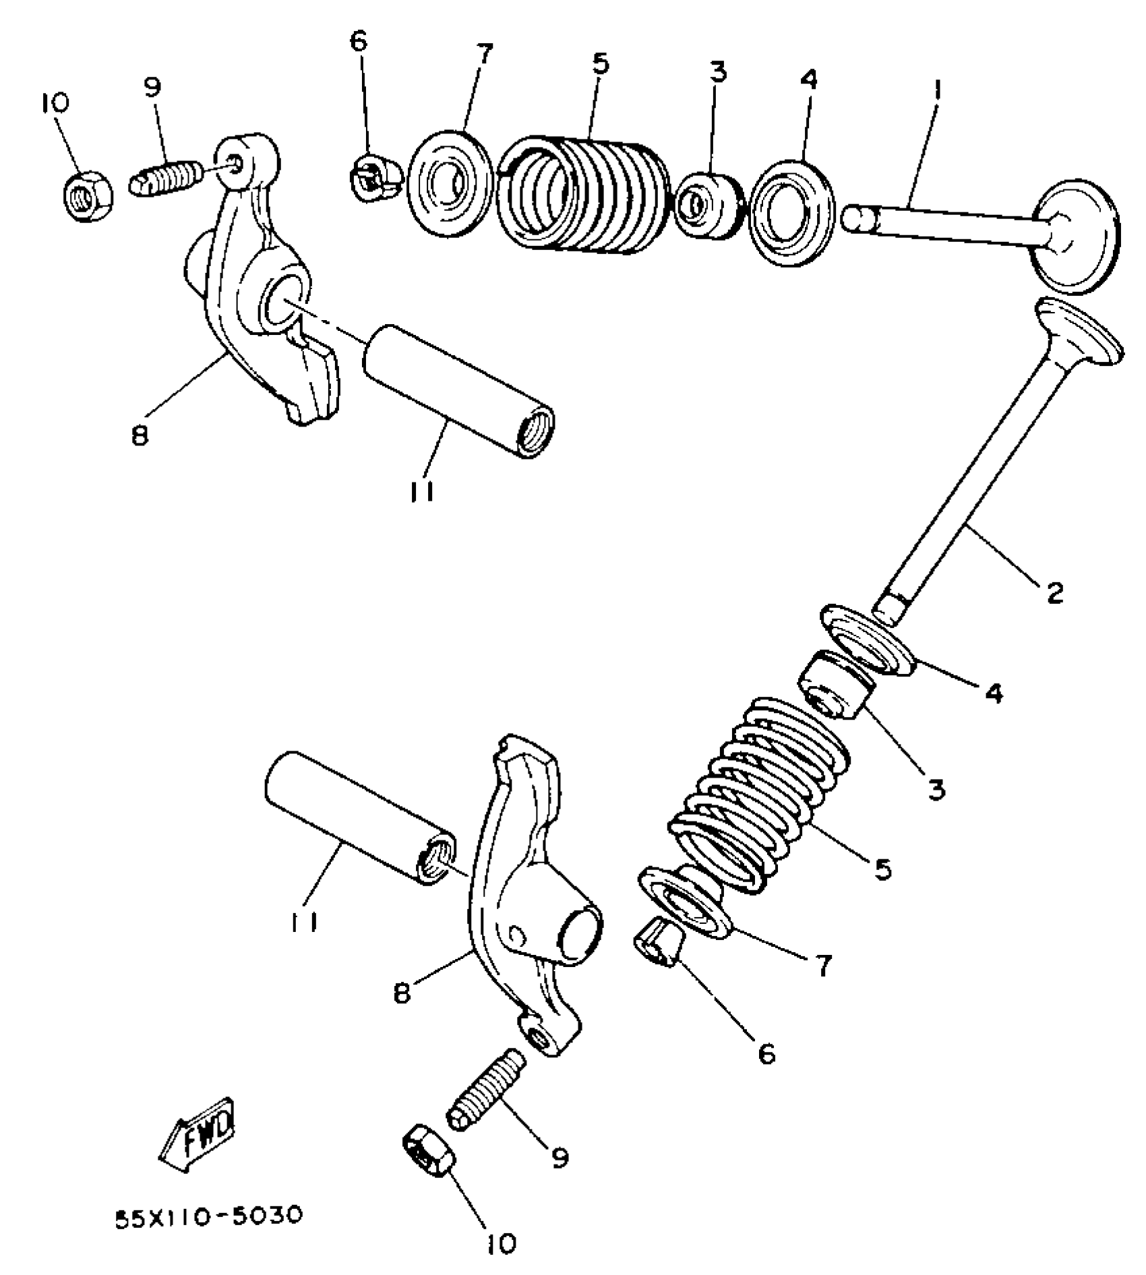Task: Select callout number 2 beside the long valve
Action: pos(1054,592)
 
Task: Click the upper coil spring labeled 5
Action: pos(584,195)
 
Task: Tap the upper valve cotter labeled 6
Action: pos(375,177)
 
